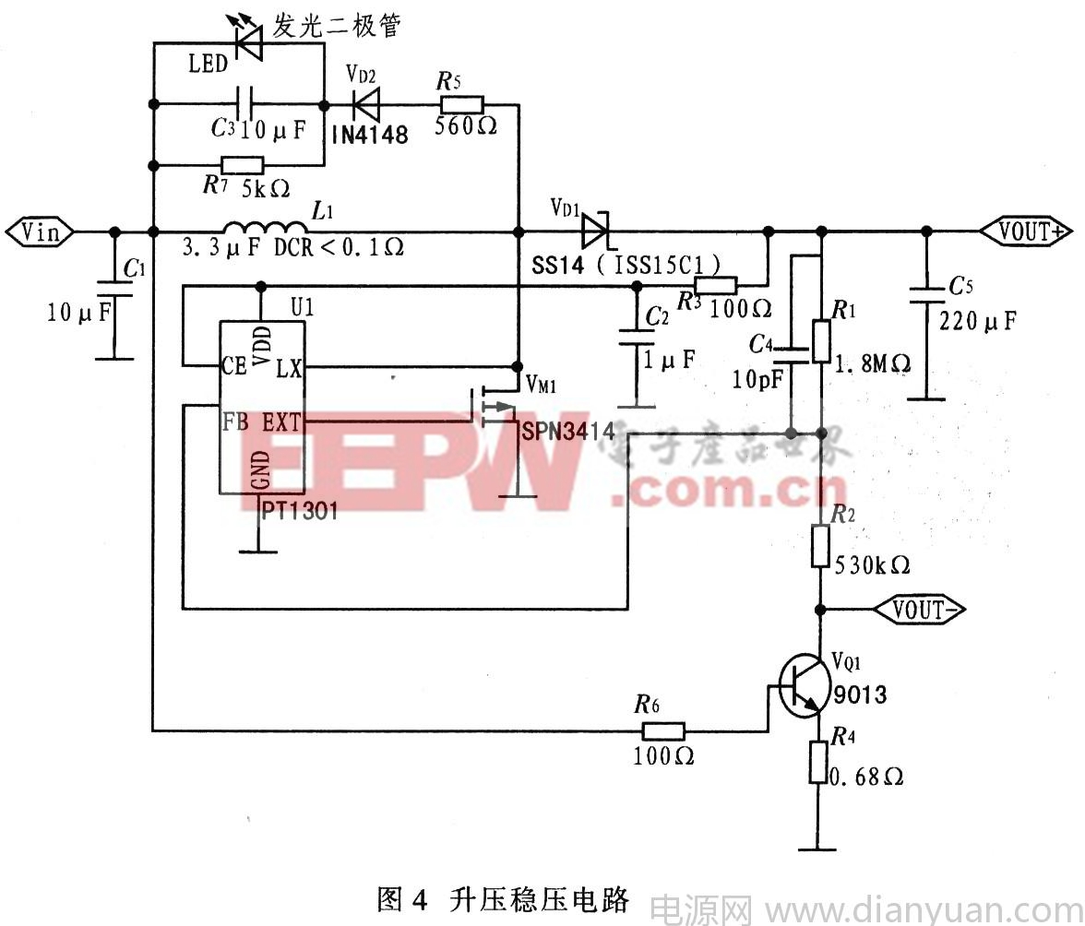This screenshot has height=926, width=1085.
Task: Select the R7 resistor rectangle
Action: (243, 166)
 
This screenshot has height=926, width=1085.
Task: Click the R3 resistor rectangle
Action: (716, 287)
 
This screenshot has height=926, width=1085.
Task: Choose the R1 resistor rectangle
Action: (819, 340)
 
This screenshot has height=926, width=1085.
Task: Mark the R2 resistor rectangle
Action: (820, 545)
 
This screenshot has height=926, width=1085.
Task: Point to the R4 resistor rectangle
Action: (818, 762)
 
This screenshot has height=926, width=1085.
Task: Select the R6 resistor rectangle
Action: (662, 731)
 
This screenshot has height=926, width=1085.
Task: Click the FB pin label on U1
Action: (233, 422)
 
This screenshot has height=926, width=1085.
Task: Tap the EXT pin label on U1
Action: (281, 423)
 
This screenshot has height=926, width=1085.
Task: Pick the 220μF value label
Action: (978, 321)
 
